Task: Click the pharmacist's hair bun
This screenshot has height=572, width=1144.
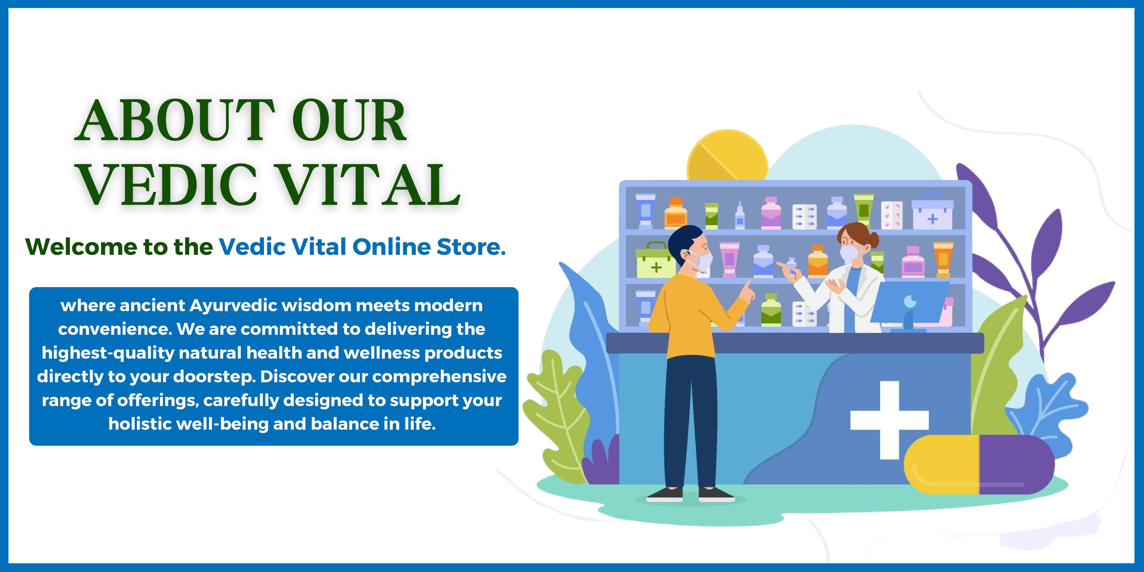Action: pyautogui.click(x=873, y=240)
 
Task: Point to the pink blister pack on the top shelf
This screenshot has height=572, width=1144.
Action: pyautogui.click(x=892, y=215)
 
